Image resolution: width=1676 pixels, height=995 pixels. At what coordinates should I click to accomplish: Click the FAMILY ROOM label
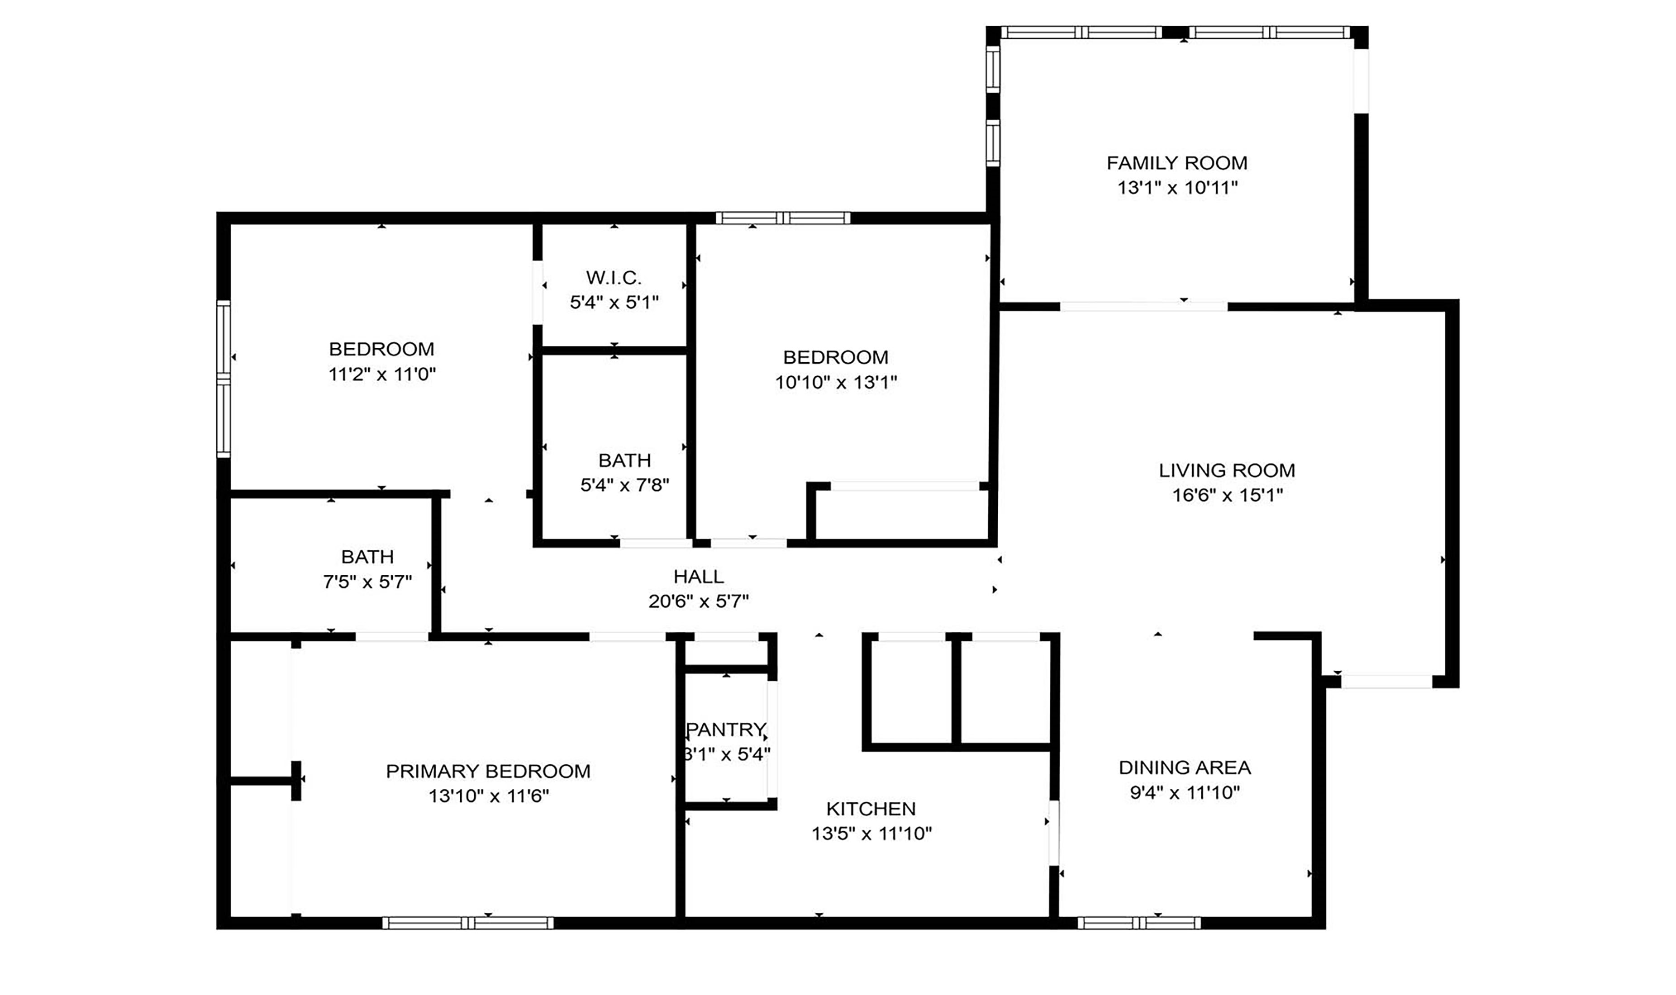coord(1176,163)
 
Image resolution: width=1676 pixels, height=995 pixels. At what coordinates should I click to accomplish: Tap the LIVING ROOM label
coord(1227,471)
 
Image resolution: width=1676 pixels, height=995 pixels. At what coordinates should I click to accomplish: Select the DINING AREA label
coord(1185,768)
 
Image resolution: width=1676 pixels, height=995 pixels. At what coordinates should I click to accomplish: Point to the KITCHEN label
coord(871,809)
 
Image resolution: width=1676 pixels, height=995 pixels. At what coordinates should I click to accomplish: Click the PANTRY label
coord(726,730)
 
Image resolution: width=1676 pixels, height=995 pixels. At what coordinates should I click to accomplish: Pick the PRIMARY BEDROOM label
coord(488,771)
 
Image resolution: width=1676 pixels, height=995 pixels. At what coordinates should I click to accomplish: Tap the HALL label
coord(698,577)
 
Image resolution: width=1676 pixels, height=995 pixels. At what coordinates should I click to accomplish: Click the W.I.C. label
coord(614,278)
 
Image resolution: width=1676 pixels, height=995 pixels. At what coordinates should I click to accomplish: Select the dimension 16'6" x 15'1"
coord(1227,496)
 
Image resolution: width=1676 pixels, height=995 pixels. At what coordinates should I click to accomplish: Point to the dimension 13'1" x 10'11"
coord(1177,188)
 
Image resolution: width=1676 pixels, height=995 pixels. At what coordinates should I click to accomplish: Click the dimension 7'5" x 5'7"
coord(367,582)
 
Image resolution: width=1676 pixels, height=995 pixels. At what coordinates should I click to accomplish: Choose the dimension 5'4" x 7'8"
coord(624,485)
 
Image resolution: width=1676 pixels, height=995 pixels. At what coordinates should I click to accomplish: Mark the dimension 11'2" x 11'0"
coord(381,374)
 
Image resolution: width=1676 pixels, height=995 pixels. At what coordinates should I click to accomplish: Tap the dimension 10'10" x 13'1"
coord(836,382)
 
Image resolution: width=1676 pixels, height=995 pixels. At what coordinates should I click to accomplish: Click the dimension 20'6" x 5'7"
coord(698,602)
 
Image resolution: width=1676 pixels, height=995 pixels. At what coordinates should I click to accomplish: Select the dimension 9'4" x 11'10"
coord(1185,792)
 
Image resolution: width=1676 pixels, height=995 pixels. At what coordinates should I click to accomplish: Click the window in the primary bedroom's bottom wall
coord(468,923)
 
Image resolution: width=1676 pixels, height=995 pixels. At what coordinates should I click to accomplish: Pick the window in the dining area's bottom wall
coord(1139,923)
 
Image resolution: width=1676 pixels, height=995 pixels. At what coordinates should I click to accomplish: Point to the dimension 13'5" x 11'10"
coord(871,834)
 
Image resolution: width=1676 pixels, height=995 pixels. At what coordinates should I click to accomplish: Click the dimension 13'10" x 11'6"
coord(489,796)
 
